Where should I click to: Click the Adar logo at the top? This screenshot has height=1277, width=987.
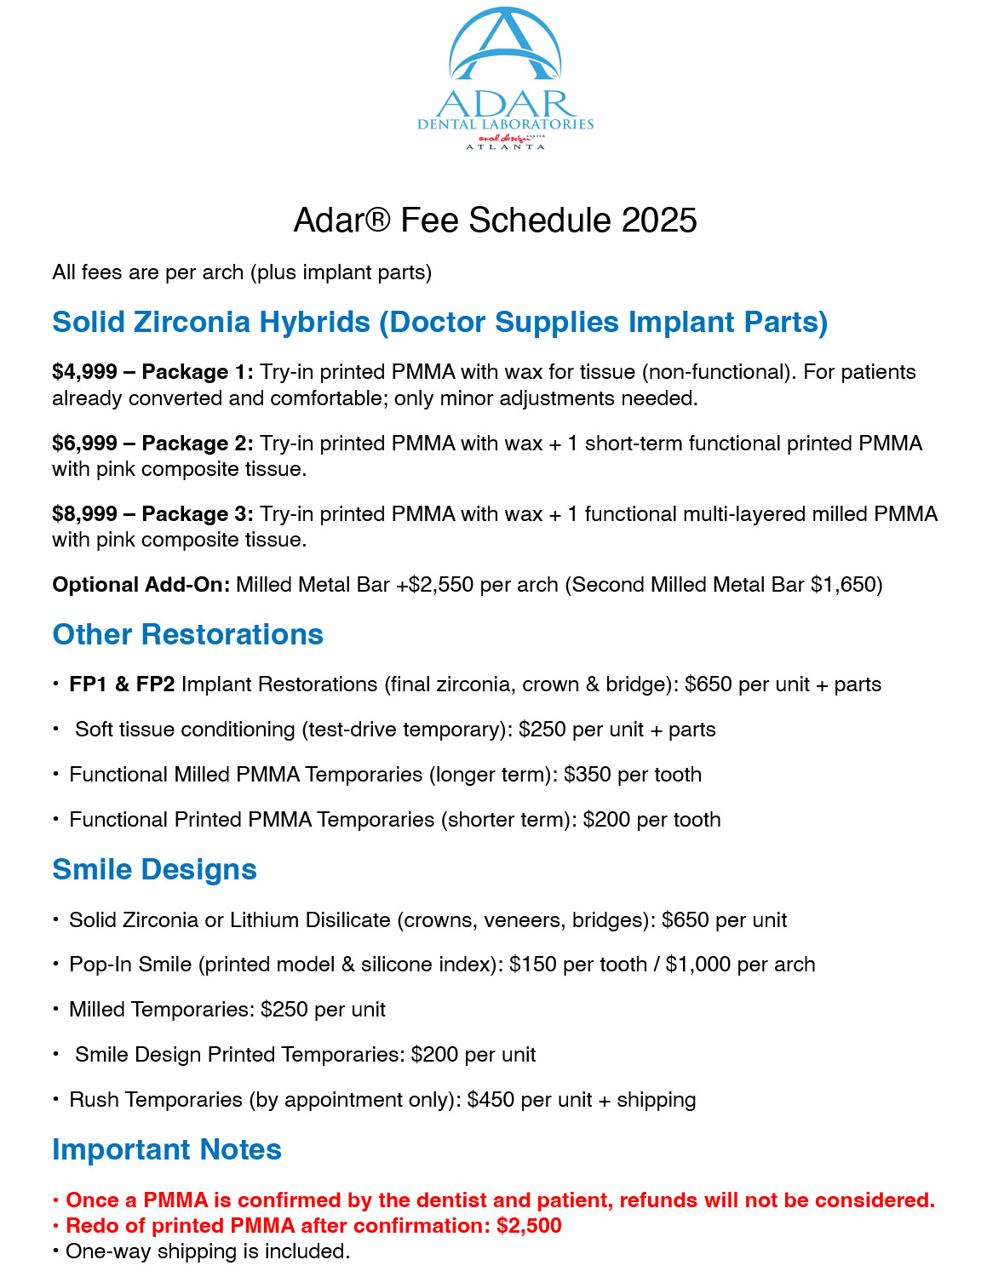click(x=505, y=79)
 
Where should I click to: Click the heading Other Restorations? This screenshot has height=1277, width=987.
click(x=187, y=635)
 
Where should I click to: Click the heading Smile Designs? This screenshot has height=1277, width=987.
click(x=154, y=870)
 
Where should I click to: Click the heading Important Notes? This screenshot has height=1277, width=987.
click(x=167, y=1150)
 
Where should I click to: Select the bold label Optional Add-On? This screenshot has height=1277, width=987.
click(x=141, y=585)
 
